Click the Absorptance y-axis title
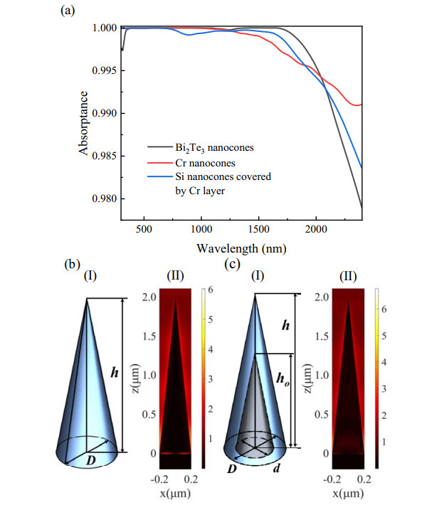pos(85,123)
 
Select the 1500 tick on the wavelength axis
pos(258,230)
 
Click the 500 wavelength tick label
pos(144,230)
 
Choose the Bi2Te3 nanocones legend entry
pos(199,147)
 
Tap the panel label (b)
pos(70,264)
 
